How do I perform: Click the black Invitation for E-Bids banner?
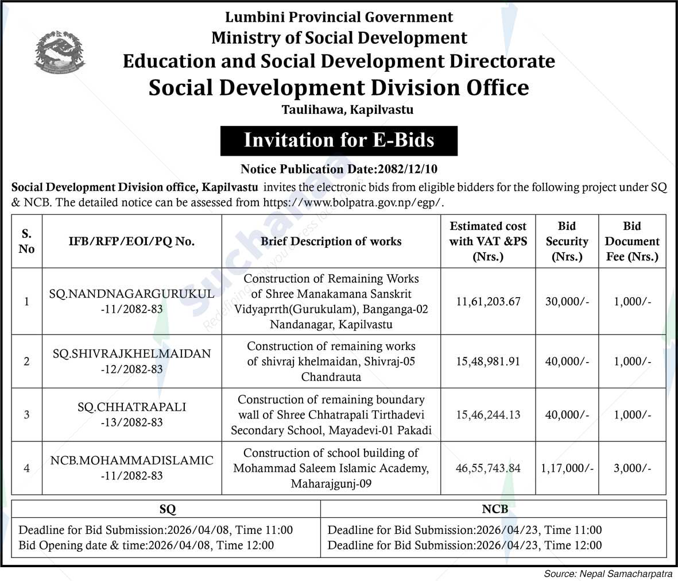[x=339, y=141]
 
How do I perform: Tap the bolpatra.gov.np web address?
[x=353, y=202]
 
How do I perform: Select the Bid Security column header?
[x=567, y=241]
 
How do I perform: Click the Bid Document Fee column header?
[x=632, y=241]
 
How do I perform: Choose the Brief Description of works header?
[x=331, y=241]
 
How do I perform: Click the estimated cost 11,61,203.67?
[x=488, y=302]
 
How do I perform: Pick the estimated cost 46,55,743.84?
[x=488, y=468]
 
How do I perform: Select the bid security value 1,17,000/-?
[x=567, y=468]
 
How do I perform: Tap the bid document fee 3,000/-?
[x=632, y=468]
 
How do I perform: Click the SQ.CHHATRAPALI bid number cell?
[x=131, y=414]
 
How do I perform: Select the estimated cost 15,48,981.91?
[x=488, y=361]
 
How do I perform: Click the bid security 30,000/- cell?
[x=567, y=302]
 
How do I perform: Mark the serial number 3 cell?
[x=26, y=414]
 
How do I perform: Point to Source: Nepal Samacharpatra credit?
[x=609, y=574]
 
